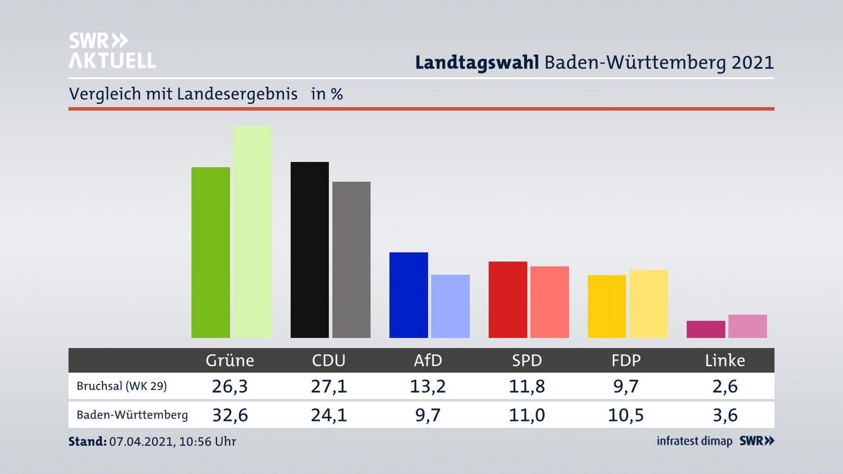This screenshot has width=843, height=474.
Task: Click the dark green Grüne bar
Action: [210, 252]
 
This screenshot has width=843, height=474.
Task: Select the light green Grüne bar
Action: [252, 232]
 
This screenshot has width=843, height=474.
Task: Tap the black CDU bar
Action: [310, 250]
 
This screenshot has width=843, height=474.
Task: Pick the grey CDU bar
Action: [351, 260]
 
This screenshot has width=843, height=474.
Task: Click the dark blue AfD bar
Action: [409, 295]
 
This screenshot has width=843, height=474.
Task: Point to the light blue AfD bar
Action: [450, 306]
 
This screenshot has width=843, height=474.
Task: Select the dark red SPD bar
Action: [508, 300]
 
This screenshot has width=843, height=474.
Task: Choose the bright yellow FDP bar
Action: [606, 306]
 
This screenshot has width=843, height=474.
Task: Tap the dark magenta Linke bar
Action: [705, 329]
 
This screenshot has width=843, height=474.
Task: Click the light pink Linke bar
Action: [748, 326]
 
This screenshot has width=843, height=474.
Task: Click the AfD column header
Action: [428, 360]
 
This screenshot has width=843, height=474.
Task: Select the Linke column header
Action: [725, 360]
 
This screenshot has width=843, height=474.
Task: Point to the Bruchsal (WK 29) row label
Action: [122, 386]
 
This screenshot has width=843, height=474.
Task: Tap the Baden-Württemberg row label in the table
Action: [132, 415]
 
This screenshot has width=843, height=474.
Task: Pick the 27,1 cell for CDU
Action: [328, 386]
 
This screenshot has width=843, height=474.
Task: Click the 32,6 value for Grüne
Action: [229, 415]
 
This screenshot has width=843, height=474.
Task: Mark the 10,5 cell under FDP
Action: [626, 415]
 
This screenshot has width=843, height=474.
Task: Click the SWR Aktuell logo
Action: [112, 50]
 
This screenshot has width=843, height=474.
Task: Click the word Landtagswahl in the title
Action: [477, 63]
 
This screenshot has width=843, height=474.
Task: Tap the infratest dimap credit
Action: [694, 441]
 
